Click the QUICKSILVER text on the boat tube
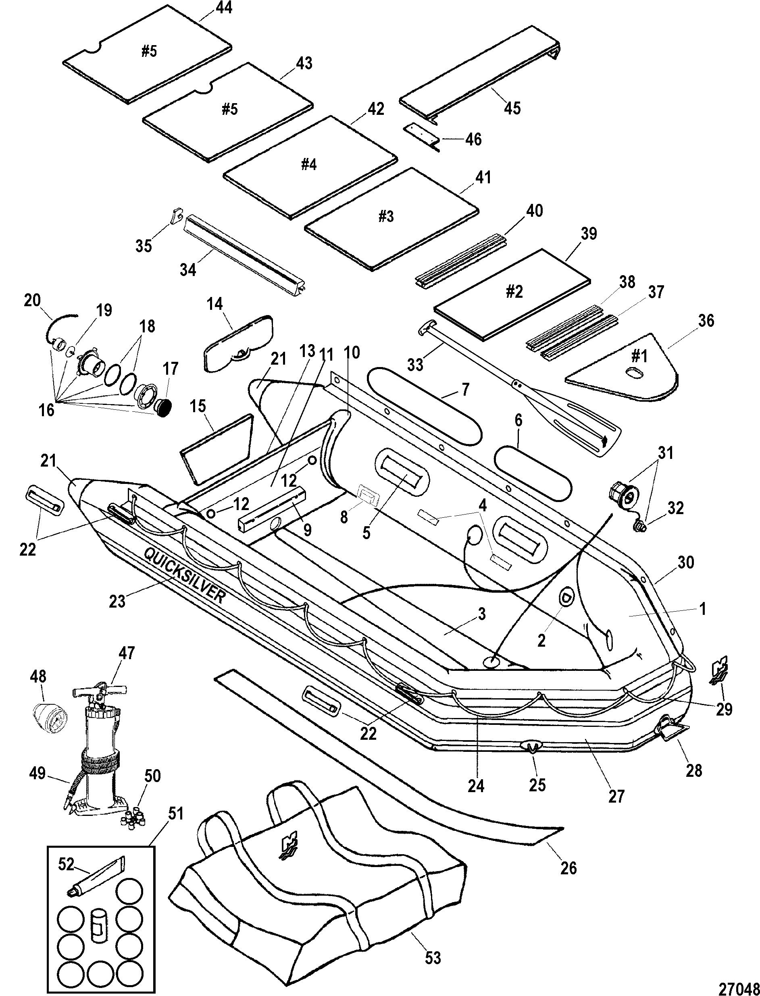(184, 574)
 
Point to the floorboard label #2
(514, 292)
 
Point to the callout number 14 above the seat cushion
(215, 304)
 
